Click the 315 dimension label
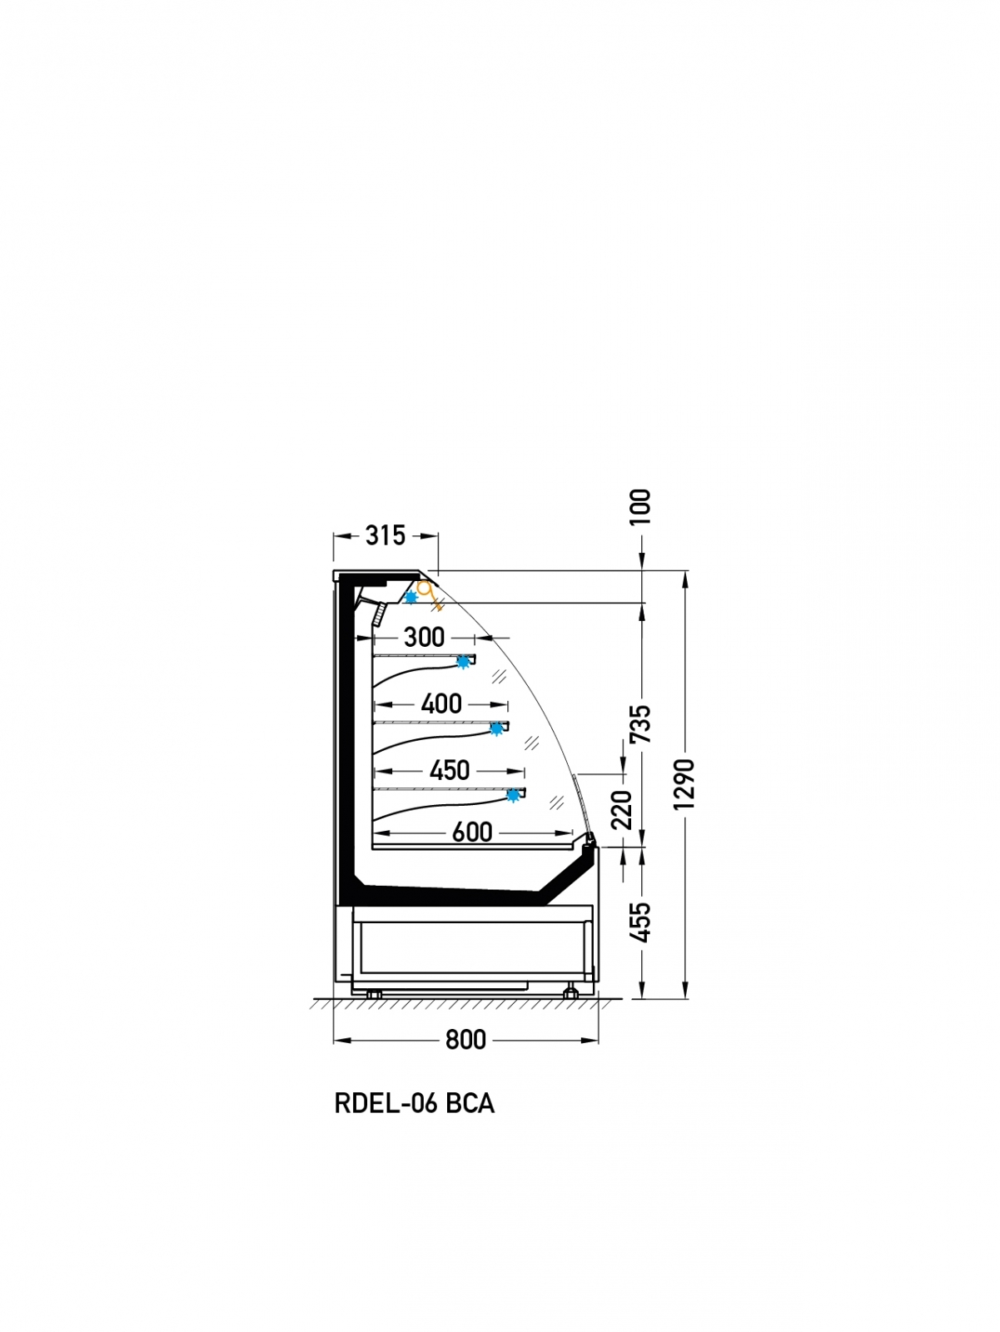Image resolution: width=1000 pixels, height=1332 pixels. (386, 535)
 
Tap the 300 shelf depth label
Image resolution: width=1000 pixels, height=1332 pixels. (424, 637)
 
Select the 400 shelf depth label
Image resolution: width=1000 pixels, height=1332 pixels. (441, 704)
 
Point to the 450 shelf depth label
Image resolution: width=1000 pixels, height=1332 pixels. (450, 770)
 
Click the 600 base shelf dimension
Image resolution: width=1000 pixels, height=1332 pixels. (472, 832)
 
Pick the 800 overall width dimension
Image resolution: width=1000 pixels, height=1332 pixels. (465, 1040)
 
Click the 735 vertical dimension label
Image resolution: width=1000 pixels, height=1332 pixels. (641, 724)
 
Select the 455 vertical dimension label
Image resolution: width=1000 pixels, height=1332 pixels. (641, 922)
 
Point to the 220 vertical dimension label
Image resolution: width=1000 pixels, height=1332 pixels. (622, 809)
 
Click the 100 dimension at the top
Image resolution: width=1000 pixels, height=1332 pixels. (641, 507)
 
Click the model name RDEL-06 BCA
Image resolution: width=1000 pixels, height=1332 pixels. (415, 1103)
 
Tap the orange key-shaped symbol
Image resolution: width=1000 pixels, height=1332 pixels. (430, 594)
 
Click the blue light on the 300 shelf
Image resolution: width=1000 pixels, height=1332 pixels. (464, 662)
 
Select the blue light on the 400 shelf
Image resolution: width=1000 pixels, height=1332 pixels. (497, 728)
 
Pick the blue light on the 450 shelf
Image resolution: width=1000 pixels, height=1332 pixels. (514, 795)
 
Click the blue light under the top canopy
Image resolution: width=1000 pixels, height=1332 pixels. (411, 597)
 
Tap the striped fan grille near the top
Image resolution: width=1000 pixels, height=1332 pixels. (379, 614)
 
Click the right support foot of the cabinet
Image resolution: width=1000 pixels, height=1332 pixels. (570, 993)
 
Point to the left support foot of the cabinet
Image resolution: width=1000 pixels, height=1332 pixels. (374, 994)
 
